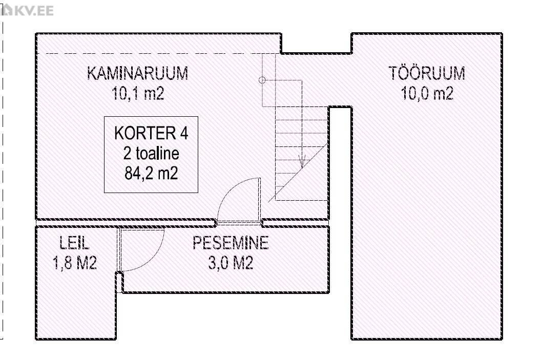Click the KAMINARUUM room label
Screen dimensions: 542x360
coord(138,73)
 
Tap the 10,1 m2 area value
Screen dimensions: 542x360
coord(138,93)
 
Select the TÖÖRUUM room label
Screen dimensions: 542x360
coord(427,73)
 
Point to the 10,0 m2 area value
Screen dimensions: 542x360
coord(427,93)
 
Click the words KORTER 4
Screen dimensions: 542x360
coord(151,133)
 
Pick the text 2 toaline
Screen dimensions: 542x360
coord(151,154)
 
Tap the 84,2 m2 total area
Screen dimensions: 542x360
coord(151,173)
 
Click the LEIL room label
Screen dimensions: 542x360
coord(74,243)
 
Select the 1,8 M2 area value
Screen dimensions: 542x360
coord(75,263)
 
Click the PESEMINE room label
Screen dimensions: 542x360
coord(231,243)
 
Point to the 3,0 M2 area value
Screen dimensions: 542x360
coord(231,263)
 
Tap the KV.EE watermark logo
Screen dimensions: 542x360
coord(27,11)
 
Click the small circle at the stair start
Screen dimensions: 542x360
coord(262,80)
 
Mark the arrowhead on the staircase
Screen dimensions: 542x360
coord(302,162)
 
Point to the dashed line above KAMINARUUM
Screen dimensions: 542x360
coord(162,54)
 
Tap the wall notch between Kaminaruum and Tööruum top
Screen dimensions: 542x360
coord(316,53)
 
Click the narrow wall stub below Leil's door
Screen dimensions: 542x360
coord(119,282)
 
